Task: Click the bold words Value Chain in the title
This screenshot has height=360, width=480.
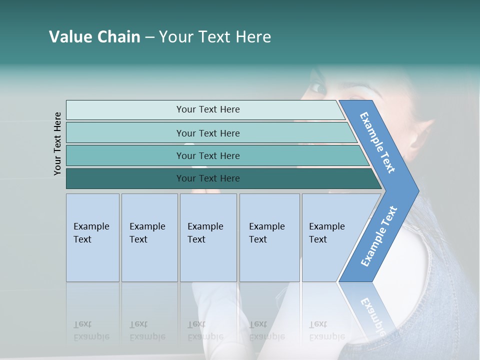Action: [x=94, y=37]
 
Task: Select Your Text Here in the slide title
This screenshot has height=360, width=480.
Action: [x=215, y=37]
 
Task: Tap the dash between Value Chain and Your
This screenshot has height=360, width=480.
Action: [x=149, y=37]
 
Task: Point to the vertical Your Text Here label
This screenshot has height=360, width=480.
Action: [x=58, y=143]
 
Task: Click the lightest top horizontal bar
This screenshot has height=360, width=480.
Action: [x=207, y=109]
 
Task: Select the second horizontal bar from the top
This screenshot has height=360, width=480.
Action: [x=207, y=133]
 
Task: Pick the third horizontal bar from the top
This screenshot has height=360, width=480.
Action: [x=207, y=155]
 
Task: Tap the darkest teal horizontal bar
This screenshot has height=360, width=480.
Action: [x=207, y=178]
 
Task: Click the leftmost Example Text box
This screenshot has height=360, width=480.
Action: [x=92, y=237]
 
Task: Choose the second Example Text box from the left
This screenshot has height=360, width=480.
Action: [x=149, y=237]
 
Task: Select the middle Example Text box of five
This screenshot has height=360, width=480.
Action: [x=208, y=237]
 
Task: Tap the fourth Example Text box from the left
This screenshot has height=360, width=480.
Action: [x=269, y=237]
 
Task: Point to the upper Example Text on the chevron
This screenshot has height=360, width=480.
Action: [x=378, y=142]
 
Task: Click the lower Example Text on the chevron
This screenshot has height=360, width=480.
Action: [x=379, y=236]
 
